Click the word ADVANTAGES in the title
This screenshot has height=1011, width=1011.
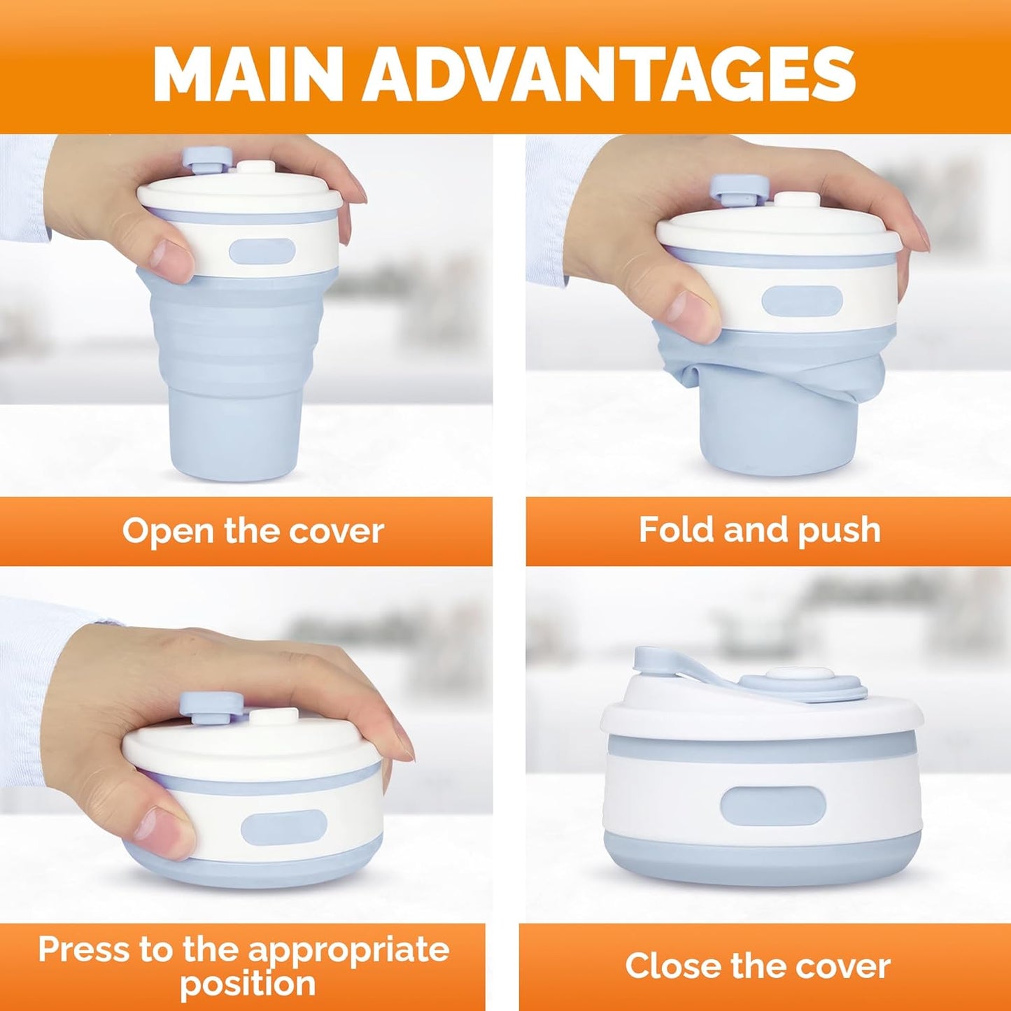click(609, 74)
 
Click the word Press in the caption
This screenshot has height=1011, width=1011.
click(83, 949)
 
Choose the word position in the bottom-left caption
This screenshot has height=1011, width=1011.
click(248, 984)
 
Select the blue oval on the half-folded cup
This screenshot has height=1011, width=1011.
click(802, 301)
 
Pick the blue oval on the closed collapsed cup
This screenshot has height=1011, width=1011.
click(773, 805)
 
